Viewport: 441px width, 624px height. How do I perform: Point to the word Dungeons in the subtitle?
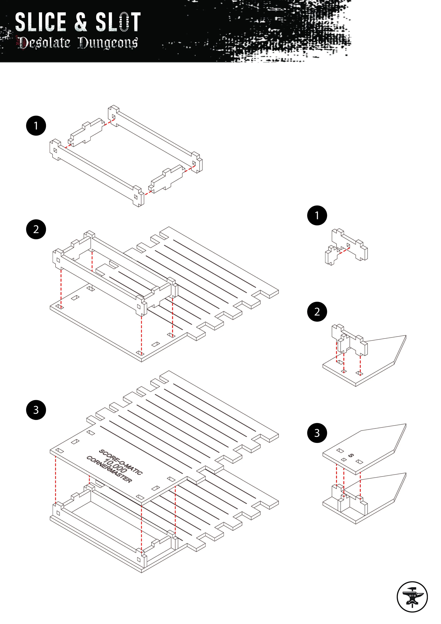[x=108, y=43]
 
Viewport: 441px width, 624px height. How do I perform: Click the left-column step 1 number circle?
[x=36, y=126]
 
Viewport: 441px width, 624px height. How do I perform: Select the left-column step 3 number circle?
[x=36, y=410]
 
